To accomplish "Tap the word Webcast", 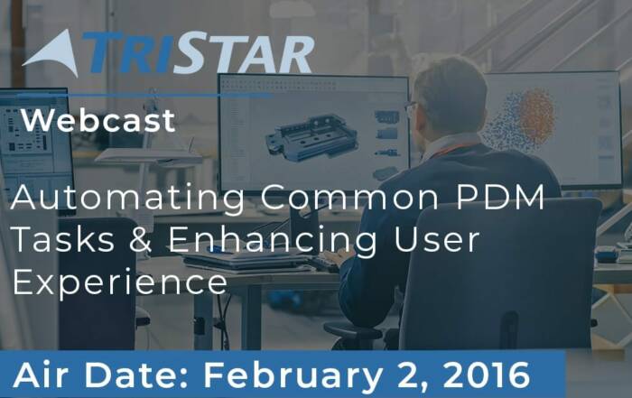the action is click(98, 120).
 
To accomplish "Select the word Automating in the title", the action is click(128, 199).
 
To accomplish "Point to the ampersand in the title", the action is click(141, 239).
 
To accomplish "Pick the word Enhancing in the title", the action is click(273, 241).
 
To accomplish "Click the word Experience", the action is click(120, 283).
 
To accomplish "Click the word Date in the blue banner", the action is click(132, 375).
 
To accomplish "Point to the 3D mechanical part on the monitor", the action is click(311, 137).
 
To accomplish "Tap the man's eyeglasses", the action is click(410, 108).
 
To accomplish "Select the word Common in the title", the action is click(349, 197).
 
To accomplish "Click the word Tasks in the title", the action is click(63, 239).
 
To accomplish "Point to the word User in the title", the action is click(436, 239).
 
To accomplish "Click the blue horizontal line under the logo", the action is click(145, 96).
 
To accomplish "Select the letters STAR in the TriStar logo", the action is click(245, 54).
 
